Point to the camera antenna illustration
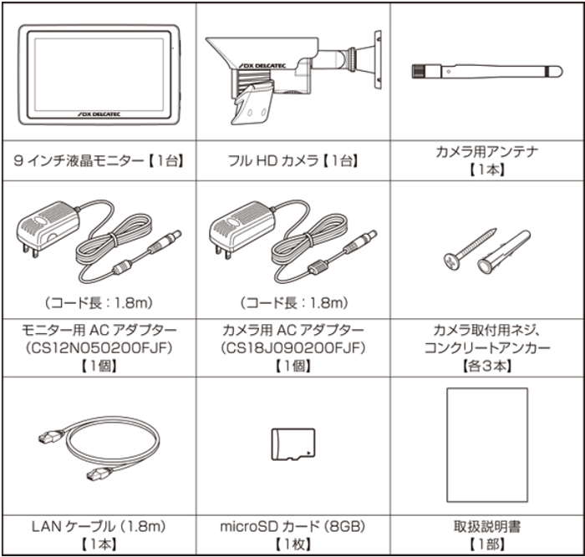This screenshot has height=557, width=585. pos(485,70)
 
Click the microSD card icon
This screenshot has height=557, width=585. pos(292,444)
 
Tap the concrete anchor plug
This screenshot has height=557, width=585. pos(503,253)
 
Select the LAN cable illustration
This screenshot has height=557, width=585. pos(99,453)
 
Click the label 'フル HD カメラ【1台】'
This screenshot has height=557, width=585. pos(292,158)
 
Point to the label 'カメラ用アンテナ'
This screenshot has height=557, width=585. pos(487,151)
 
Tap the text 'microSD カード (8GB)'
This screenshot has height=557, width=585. pos(292,527)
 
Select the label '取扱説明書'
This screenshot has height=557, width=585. pos(487,527)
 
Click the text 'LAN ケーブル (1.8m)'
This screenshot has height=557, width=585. pos(98,527)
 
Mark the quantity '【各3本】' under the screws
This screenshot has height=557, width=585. pos(487,365)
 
